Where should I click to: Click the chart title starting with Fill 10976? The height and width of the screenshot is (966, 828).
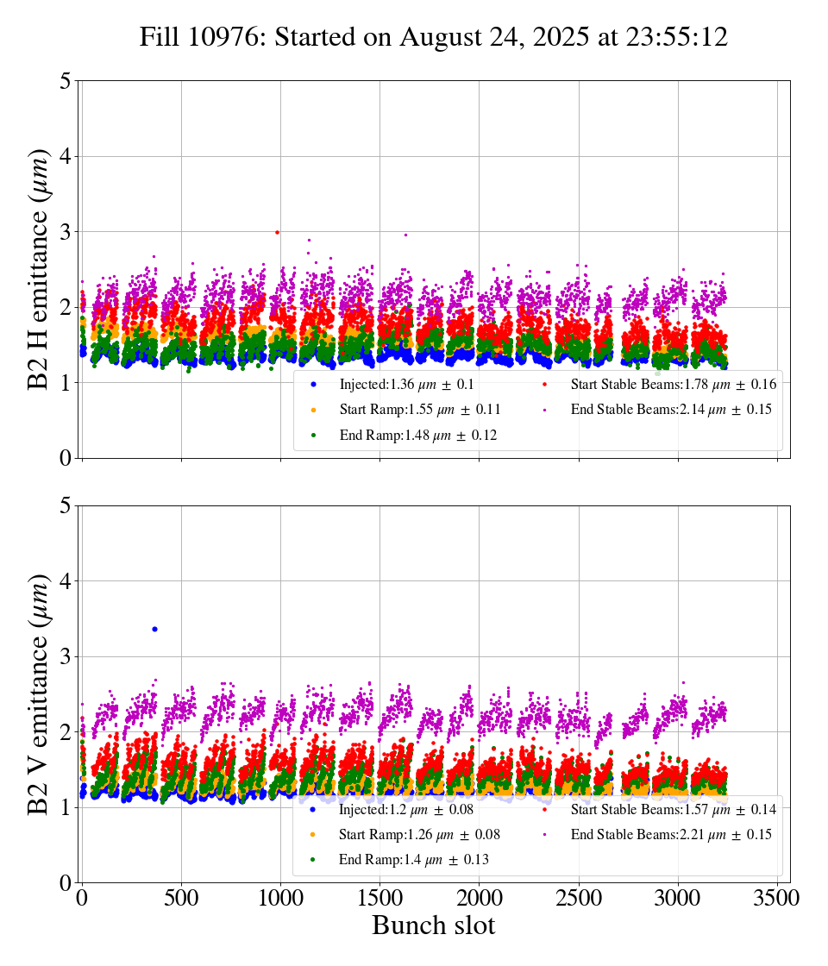pyautogui.click(x=434, y=37)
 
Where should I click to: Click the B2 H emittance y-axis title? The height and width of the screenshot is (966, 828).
pyautogui.click(x=38, y=268)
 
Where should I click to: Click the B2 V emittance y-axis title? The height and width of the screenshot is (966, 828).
pyautogui.click(x=38, y=693)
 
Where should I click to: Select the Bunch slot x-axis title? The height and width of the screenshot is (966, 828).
pyautogui.click(x=434, y=925)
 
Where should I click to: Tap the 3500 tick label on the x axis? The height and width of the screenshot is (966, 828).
pyautogui.click(x=777, y=898)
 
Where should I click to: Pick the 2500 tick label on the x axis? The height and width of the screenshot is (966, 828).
pyautogui.click(x=579, y=898)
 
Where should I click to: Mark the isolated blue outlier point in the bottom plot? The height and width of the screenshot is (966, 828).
pyautogui.click(x=154, y=629)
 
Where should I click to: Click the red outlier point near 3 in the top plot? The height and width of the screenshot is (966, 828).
pyautogui.click(x=277, y=232)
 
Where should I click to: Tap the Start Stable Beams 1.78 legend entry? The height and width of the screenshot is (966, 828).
pyautogui.click(x=661, y=384)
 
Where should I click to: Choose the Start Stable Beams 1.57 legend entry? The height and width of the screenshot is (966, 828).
pyautogui.click(x=661, y=809)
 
